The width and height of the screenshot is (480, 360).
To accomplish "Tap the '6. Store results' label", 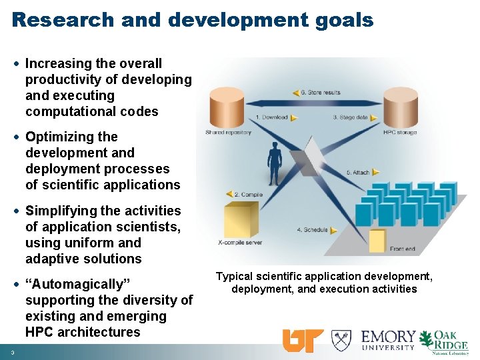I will (x=321, y=92).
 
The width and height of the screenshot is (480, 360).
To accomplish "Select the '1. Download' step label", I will (x=273, y=117).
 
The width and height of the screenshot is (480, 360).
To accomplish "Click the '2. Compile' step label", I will (x=249, y=194).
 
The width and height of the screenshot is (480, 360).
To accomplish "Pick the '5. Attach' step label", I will (x=358, y=172).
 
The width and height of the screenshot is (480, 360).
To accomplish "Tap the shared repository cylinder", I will (x=227, y=107).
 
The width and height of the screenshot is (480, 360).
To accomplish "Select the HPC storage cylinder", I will (x=400, y=107).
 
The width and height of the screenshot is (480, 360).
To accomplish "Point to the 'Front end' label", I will (x=402, y=249).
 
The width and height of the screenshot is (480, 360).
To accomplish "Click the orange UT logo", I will (x=303, y=341).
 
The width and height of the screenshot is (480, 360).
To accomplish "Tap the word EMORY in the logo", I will (x=389, y=337).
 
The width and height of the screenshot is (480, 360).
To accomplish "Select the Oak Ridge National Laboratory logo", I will (x=445, y=341).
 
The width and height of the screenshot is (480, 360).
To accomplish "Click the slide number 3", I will (x=13, y=352).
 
